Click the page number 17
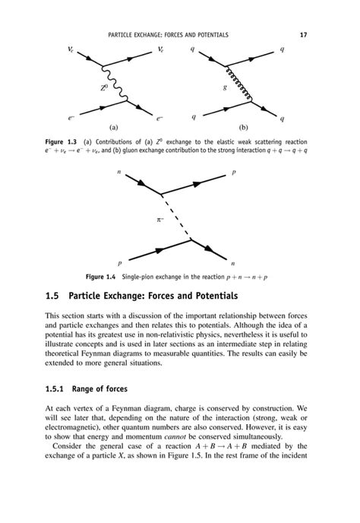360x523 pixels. tap(304, 35)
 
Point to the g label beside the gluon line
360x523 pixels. tap(225, 88)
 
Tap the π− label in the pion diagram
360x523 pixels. tap(160, 220)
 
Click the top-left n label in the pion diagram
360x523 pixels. tap(119, 173)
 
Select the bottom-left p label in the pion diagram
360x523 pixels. tap(120, 261)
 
